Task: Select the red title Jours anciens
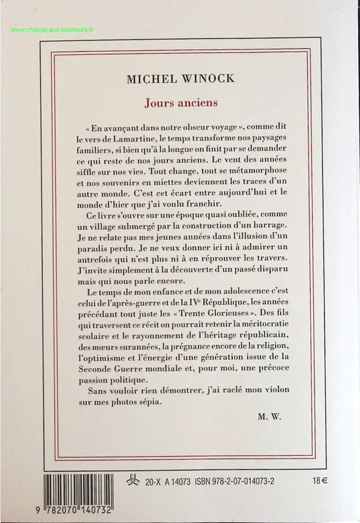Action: click(180, 102)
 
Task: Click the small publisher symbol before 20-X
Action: click(142, 480)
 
